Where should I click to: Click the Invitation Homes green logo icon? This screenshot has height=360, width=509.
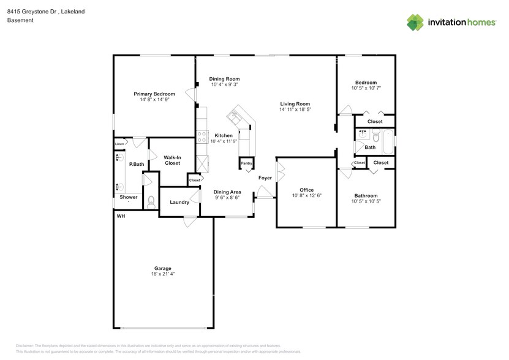pyautogui.click(x=415, y=21)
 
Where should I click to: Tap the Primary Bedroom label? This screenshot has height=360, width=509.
pyautogui.click(x=154, y=94)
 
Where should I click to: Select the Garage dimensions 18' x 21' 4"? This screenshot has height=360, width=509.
pyautogui.click(x=162, y=274)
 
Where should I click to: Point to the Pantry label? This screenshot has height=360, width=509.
pyautogui.click(x=246, y=163)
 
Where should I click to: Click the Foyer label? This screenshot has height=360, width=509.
pyautogui.click(x=265, y=178)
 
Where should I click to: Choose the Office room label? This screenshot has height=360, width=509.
pyautogui.click(x=306, y=190)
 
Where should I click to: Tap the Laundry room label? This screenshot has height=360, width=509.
pyautogui.click(x=179, y=202)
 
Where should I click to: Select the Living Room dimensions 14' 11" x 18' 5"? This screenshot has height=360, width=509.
pyautogui.click(x=295, y=110)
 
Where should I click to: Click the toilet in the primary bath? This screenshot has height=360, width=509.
pyautogui.click(x=151, y=200)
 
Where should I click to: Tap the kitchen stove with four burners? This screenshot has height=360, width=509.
pyautogui.click(x=202, y=137)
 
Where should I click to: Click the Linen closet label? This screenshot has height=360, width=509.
pyautogui.click(x=119, y=144)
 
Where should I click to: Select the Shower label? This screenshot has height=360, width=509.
pyautogui.click(x=129, y=197)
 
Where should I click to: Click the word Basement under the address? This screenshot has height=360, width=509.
pyautogui.click(x=20, y=20)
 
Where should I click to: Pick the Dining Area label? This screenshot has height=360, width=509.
pyautogui.click(x=227, y=192)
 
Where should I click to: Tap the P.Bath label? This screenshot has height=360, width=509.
pyautogui.click(x=136, y=164)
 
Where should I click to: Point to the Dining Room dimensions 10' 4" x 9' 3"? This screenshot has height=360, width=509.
pyautogui.click(x=225, y=84)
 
